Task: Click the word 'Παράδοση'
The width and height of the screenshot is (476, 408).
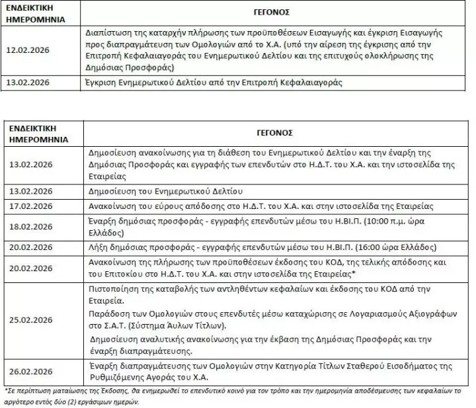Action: (107, 315)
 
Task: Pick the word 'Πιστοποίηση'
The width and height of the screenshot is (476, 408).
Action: (112, 290)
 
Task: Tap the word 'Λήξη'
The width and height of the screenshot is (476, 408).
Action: (97, 247)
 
